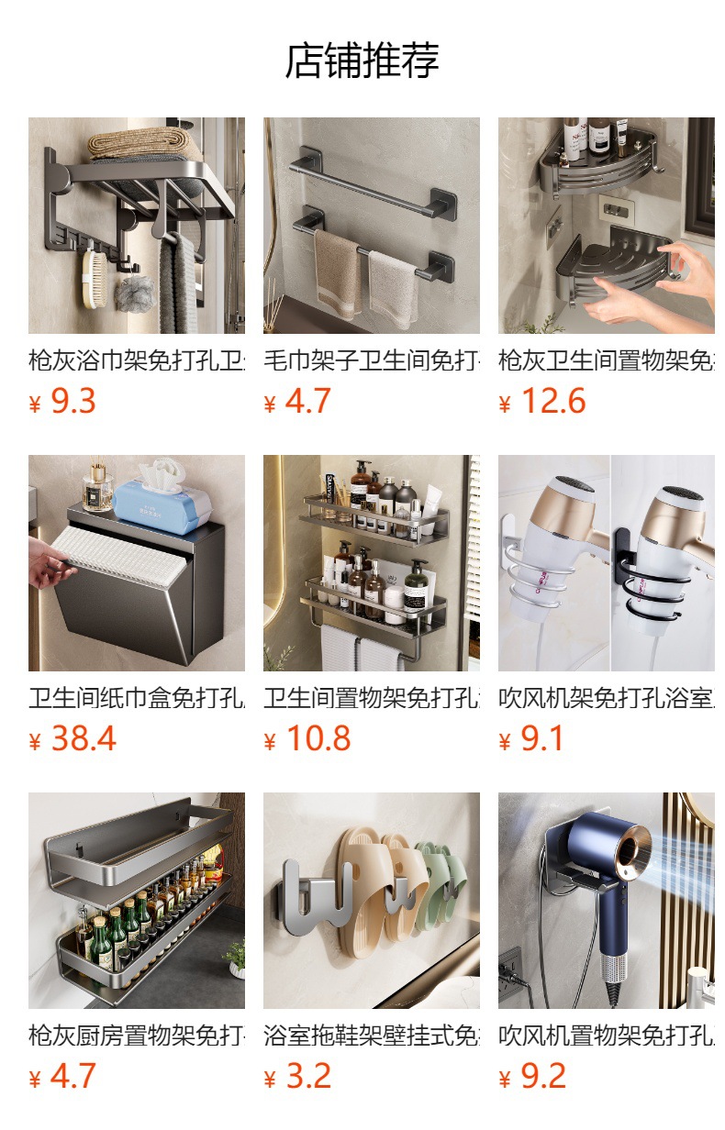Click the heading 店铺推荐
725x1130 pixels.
[362, 61]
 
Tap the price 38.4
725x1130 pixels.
[83, 738]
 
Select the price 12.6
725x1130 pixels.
[552, 401]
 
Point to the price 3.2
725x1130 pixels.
[307, 1076]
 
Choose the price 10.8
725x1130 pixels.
[318, 738]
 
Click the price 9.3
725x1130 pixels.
[72, 401]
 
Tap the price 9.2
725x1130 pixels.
[542, 1076]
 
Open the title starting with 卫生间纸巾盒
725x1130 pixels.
[136, 698]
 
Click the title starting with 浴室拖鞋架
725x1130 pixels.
[371, 1036]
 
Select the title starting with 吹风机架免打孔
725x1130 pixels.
[606, 698]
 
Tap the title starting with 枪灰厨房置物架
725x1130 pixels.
[136, 1036]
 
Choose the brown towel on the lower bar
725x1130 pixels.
[337, 271]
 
